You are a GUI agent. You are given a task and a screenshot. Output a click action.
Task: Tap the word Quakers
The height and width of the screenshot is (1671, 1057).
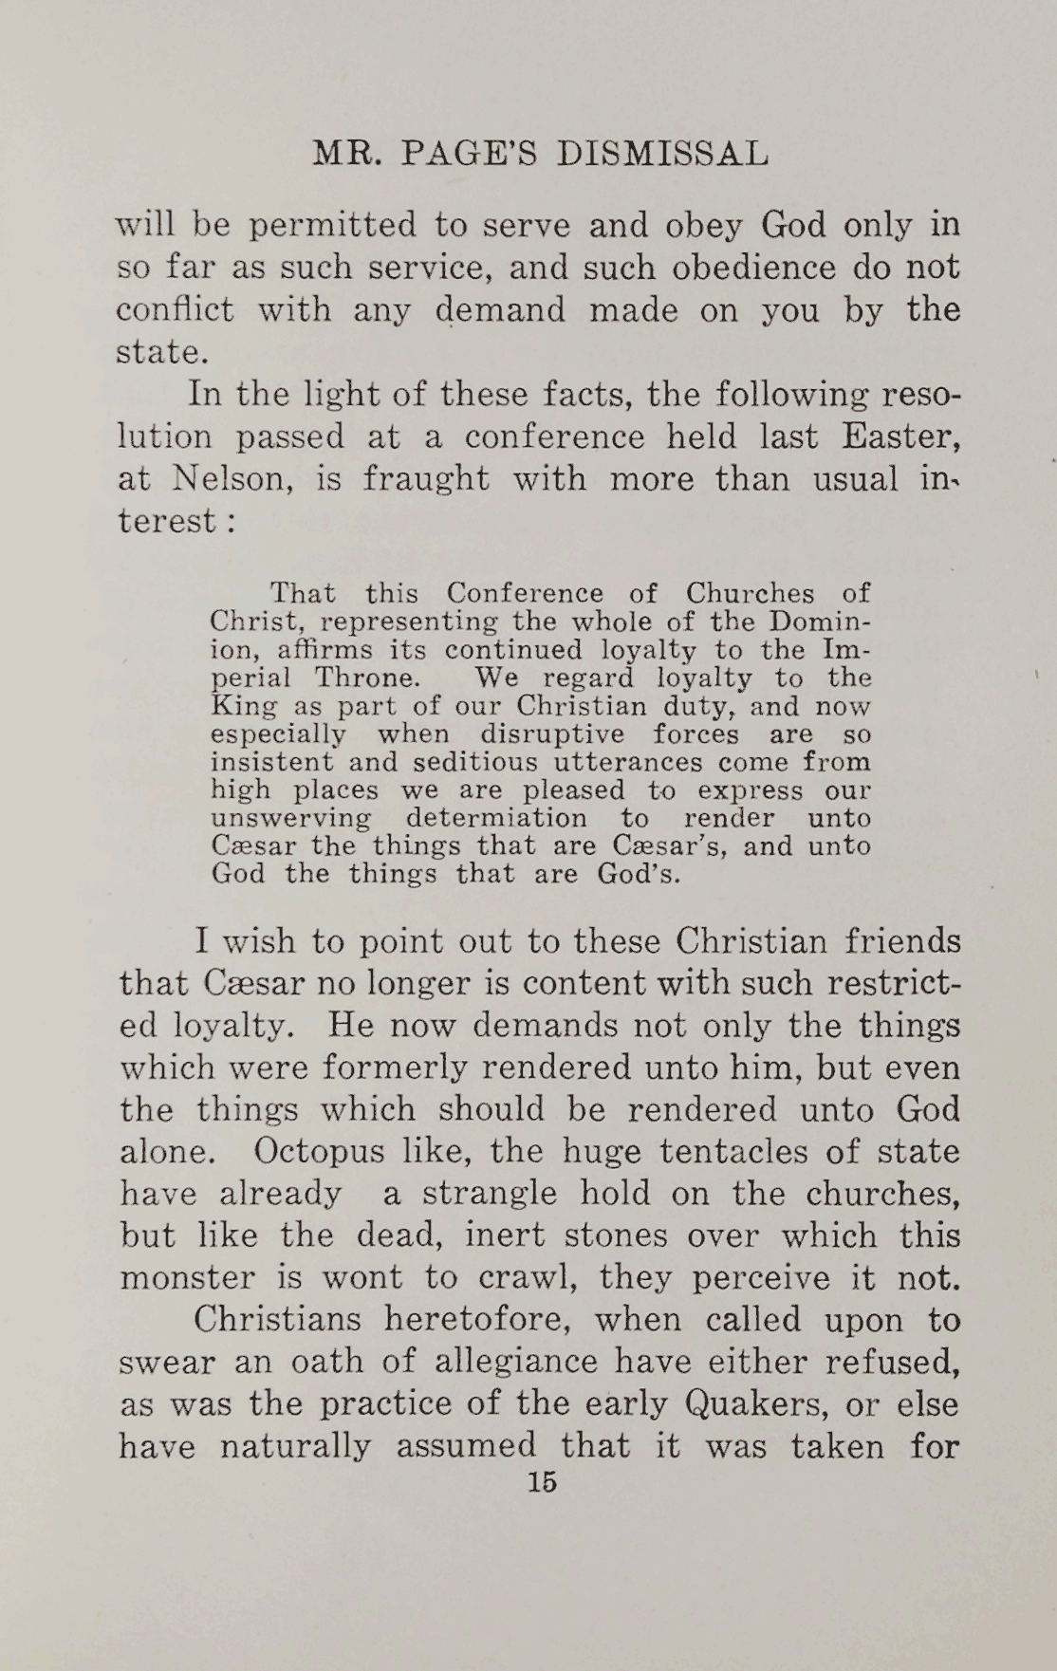[x=766, y=1403]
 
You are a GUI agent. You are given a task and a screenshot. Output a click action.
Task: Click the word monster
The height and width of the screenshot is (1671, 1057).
[x=187, y=1277]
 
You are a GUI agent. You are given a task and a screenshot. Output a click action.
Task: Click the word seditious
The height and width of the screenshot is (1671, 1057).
[x=446, y=762]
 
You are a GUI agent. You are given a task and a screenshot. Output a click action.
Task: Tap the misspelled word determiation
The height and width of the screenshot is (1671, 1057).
[x=496, y=818]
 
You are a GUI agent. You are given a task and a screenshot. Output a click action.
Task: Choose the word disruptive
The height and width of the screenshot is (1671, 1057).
[x=551, y=734]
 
